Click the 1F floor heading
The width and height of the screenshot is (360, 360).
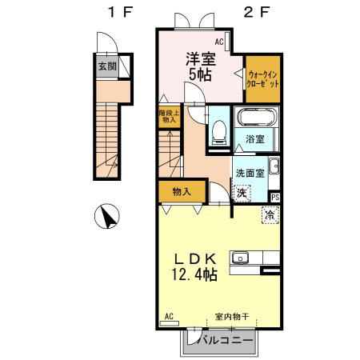point(120,12)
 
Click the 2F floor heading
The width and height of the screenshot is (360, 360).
point(257,12)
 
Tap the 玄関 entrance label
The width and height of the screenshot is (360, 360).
point(107,66)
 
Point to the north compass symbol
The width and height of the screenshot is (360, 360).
point(107,216)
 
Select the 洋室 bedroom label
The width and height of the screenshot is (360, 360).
point(201,59)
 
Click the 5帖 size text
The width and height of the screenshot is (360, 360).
point(200,74)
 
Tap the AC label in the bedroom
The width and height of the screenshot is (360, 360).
point(219,42)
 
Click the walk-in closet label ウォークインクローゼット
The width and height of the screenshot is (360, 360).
point(262,79)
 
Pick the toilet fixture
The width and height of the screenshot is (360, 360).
point(219,133)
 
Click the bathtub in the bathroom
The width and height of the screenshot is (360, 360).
point(257,117)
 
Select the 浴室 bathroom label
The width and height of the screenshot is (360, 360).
point(255,139)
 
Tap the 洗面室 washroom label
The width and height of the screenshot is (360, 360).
point(250,174)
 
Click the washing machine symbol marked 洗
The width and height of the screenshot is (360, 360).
point(242,193)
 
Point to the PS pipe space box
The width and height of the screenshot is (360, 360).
point(275,198)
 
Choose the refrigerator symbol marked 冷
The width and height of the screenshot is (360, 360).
point(270,215)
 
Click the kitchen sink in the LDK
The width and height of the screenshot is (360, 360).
point(240,258)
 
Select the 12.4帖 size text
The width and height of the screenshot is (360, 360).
point(194,274)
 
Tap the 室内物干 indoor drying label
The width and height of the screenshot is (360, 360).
point(232,317)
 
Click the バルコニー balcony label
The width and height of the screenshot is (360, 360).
point(226,340)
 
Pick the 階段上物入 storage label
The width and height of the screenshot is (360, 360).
point(170,116)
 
